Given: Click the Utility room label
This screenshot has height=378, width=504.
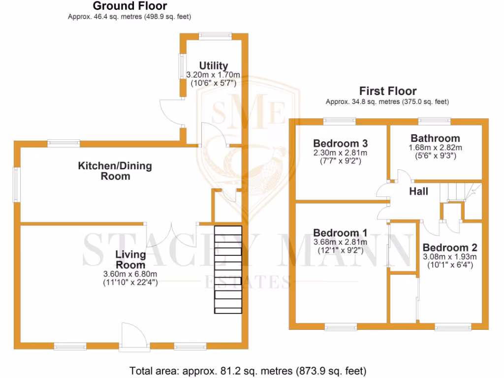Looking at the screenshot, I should [x=213, y=65].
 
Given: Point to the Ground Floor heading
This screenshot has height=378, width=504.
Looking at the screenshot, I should [x=129, y=6].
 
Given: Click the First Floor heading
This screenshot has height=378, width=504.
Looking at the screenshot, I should [x=387, y=91].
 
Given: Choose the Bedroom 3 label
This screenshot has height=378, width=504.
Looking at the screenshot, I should [x=340, y=143].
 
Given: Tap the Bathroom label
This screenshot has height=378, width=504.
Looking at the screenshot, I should [x=435, y=138].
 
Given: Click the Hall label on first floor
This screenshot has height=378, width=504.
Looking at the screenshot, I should [x=418, y=191].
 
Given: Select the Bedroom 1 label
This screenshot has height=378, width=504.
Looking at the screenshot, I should [x=340, y=233].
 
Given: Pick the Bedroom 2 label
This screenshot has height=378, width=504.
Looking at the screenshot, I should [x=449, y=248].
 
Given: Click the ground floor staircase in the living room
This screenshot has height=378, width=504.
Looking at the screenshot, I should [x=228, y=269].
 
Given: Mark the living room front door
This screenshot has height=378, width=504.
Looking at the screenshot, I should [x=134, y=337].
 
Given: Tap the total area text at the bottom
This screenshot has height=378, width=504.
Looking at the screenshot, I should [x=248, y=370].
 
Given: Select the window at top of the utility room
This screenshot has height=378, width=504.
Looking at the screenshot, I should [x=215, y=35].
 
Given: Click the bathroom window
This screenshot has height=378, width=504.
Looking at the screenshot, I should [x=434, y=120].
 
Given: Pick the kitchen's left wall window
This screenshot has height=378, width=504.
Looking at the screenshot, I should [x=16, y=185].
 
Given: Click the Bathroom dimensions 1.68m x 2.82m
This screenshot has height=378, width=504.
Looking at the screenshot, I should [x=435, y=148].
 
